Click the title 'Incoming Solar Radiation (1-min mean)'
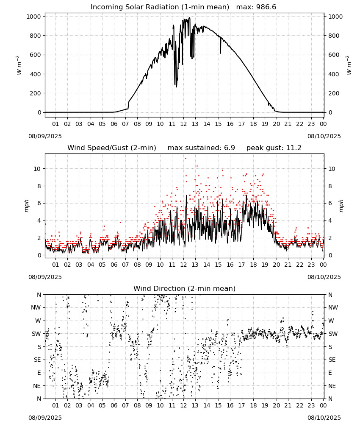160,7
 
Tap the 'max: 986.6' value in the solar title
256,7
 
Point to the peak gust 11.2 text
274,148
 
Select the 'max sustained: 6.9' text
201,148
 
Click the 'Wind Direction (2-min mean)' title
185,288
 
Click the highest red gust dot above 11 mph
186,159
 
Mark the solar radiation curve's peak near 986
189,18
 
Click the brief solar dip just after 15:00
221,45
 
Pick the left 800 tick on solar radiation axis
36,36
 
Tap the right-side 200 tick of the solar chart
334,93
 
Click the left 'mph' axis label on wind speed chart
26,206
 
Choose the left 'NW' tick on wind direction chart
36,308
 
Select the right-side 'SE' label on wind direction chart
332,360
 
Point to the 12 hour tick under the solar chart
183,124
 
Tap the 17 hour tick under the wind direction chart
241,405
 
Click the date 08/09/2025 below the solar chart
45,136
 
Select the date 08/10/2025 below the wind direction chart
324,418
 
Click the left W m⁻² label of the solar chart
19,65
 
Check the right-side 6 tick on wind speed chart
330,204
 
